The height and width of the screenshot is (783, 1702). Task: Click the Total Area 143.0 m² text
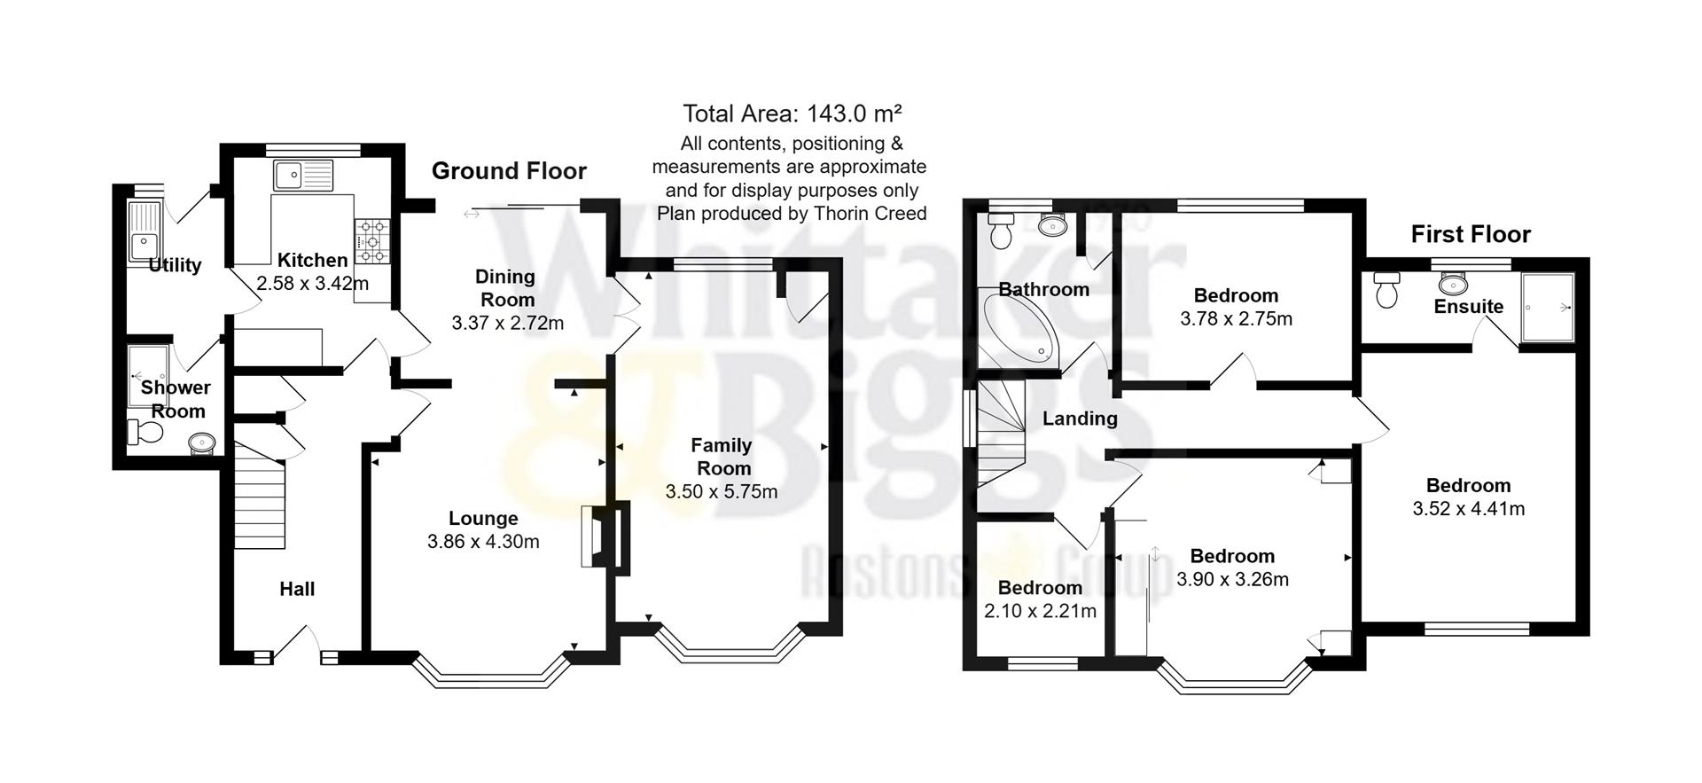coord(792,114)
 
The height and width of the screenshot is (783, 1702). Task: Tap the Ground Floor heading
coord(509,171)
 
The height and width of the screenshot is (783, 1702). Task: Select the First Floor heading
coord(1471,234)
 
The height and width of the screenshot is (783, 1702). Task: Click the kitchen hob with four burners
coord(372,240)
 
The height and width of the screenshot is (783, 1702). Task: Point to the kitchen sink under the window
coord(302,176)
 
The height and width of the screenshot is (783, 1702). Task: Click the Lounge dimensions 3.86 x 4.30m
coord(483,541)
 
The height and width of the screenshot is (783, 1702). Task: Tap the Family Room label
coord(722,456)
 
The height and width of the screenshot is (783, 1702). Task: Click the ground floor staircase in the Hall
coord(260,497)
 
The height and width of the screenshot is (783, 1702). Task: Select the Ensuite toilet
coord(1386,290)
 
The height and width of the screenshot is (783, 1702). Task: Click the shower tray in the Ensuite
coord(1548,308)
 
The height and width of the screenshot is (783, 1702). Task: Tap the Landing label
coord(1079,419)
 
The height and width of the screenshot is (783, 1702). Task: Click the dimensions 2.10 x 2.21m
coord(1040,611)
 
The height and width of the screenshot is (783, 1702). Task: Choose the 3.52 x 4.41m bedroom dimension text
coord(1468,509)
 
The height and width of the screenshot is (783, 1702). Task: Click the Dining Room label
coord(505,287)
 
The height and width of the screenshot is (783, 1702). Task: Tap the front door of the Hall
coord(297,645)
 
